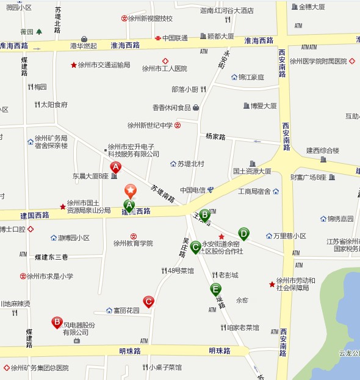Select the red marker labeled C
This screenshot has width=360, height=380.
click(x=148, y=301)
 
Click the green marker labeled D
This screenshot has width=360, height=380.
click(x=243, y=233)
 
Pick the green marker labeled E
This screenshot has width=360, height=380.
click(x=215, y=289)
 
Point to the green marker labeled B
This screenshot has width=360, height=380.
click(x=205, y=214)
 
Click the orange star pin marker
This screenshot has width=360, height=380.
click(x=129, y=191)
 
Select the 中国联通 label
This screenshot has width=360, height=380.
click(x=175, y=38)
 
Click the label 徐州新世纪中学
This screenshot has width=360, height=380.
click(x=150, y=125)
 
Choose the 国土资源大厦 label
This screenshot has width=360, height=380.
click(x=252, y=171)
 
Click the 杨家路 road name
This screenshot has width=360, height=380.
click(x=215, y=136)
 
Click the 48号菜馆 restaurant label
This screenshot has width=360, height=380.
click(x=181, y=271)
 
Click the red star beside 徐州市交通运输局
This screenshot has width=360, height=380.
click(x=74, y=65)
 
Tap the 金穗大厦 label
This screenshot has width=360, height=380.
click(x=311, y=7)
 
